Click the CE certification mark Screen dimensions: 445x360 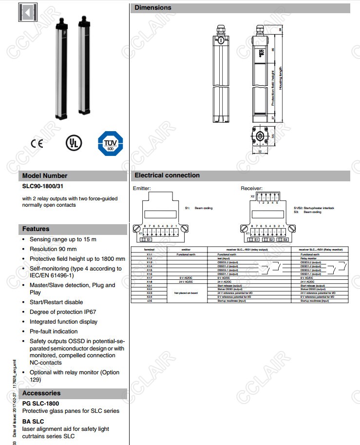37,143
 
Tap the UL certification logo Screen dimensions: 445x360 74,142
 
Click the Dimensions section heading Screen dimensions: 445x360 153,8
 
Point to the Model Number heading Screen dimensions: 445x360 45,175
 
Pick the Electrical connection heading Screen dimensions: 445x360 167,175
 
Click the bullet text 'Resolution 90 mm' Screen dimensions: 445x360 53,249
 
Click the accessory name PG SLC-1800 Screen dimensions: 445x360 40,404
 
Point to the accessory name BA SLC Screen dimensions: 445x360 33,421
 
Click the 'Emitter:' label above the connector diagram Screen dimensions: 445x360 142,188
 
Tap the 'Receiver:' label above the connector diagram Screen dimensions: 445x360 251,188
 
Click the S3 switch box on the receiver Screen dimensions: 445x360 285,239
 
